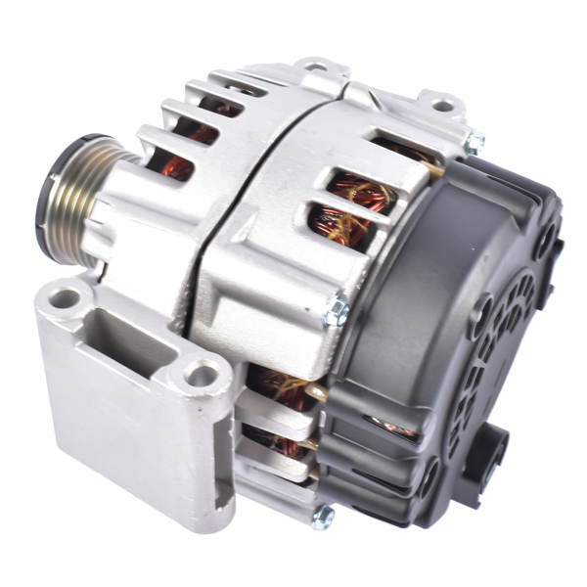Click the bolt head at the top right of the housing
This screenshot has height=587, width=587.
click(475, 144)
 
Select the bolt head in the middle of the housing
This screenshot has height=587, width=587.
click(339, 310)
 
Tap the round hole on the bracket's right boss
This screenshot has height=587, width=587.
click(203, 372)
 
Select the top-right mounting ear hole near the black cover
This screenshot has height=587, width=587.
click(443, 103)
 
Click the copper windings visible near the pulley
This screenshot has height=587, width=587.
click(176, 166)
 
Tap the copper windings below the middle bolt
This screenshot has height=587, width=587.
click(279, 386)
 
